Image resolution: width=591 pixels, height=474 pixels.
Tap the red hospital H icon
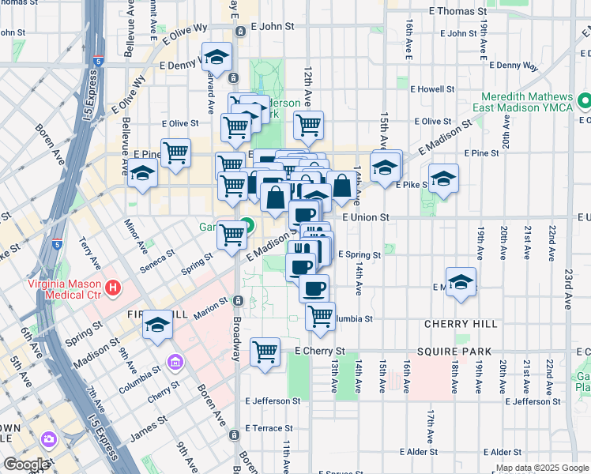(x=114, y=287)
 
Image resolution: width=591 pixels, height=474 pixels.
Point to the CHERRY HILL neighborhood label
(x=461, y=324)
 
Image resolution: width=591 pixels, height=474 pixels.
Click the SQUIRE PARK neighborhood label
(x=457, y=352)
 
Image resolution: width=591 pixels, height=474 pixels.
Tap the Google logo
(x=25, y=465)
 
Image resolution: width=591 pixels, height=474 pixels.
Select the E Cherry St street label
(x=320, y=351)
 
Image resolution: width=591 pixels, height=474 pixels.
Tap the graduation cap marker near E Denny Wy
(x=216, y=58)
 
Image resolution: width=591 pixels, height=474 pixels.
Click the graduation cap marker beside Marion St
(x=157, y=324)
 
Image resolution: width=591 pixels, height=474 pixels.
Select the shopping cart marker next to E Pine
(x=176, y=152)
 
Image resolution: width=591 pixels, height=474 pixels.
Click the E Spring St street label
(x=359, y=254)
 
